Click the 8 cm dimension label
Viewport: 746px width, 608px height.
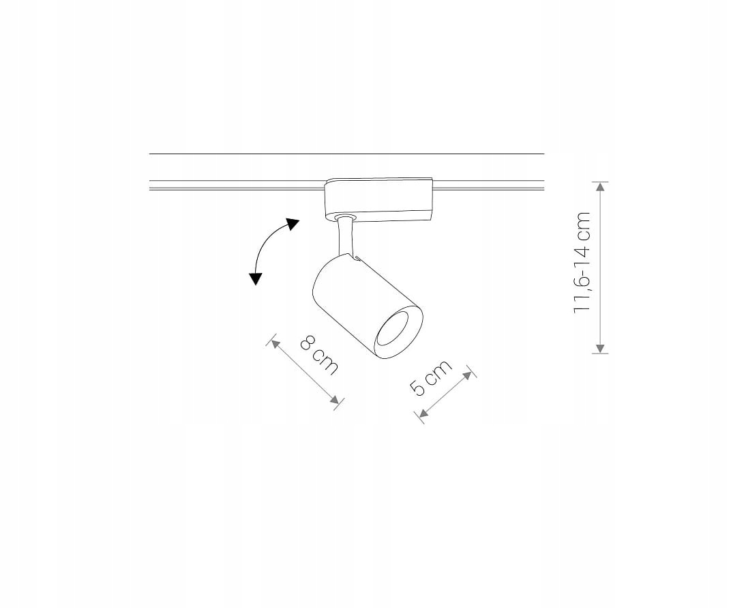coord(318,356)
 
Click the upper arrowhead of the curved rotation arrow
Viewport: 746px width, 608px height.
coord(293,225)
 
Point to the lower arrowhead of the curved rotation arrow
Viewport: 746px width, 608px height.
coord(256,278)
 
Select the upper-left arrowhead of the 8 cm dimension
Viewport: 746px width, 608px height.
coord(275,343)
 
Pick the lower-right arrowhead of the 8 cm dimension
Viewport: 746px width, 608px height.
coord(334,401)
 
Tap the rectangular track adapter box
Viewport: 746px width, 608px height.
coord(378,199)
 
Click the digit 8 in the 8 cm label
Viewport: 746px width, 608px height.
coord(308,345)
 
